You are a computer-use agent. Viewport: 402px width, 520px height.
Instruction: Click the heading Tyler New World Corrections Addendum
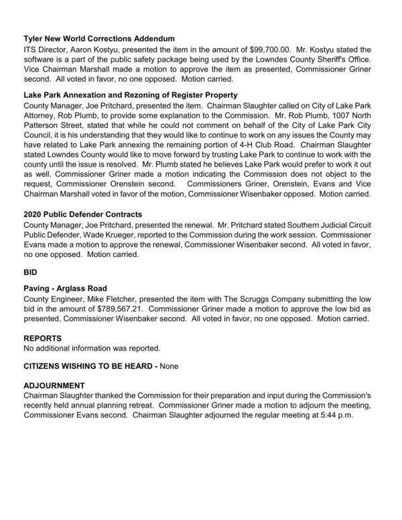coord(98,38)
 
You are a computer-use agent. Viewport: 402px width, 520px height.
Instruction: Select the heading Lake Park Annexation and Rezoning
coord(130,95)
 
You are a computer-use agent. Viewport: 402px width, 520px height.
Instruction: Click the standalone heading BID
coord(31,273)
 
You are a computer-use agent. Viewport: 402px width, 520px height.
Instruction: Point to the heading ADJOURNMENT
coord(54,386)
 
